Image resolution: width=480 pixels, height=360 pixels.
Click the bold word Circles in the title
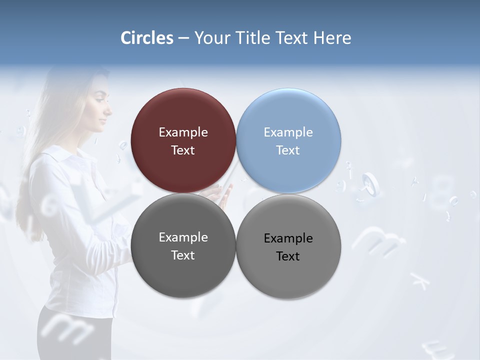pos(147,38)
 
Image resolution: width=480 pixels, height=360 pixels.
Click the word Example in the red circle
pos(183,132)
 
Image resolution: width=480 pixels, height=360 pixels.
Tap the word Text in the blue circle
pos(288,150)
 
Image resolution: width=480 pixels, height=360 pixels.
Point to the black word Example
pos(288,238)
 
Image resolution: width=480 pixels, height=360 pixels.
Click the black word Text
pos(288,256)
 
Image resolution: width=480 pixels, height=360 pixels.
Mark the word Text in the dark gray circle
pos(183,255)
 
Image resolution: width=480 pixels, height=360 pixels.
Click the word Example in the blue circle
pos(288,132)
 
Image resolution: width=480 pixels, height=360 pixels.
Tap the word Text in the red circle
pos(183,150)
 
